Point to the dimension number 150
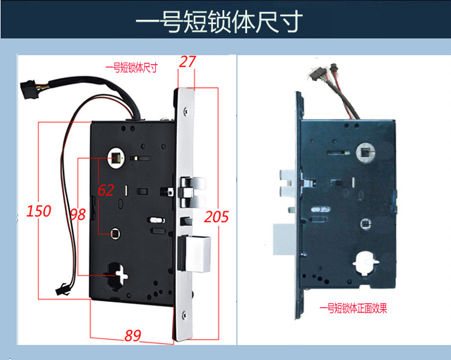(x=39, y=211)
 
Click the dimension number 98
(x=78, y=214)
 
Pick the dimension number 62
(x=106, y=190)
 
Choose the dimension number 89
(x=133, y=335)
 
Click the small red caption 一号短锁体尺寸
(x=131, y=68)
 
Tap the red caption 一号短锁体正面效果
(x=354, y=308)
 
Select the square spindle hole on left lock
(x=114, y=158)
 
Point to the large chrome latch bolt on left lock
(x=197, y=253)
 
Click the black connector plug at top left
(x=28, y=90)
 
